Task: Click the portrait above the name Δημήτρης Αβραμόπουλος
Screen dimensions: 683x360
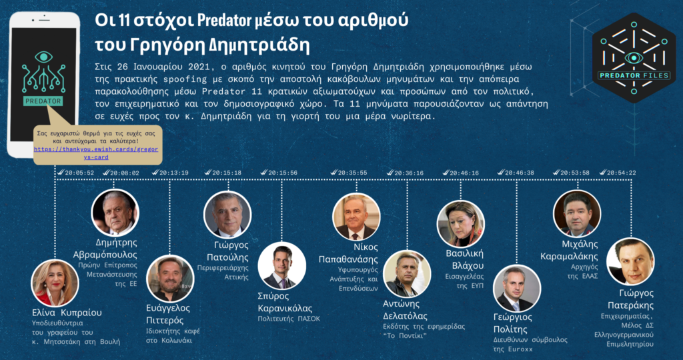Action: coord(115,213)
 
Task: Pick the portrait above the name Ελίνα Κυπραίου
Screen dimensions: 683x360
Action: coord(55,283)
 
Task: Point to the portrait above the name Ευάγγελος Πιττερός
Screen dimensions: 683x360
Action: coord(170,279)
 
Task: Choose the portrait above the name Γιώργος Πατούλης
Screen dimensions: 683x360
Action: coord(227,214)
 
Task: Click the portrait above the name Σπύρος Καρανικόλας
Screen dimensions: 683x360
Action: coord(281,265)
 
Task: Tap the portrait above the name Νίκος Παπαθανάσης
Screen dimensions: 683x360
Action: coord(356,217)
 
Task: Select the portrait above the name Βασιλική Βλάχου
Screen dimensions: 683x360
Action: coord(460,224)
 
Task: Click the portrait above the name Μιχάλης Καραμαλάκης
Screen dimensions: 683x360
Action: coord(577,214)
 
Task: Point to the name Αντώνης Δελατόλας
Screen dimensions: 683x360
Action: coord(405,309)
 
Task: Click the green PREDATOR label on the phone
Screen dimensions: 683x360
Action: coord(43,101)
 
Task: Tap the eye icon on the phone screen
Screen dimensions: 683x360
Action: coord(43,57)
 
